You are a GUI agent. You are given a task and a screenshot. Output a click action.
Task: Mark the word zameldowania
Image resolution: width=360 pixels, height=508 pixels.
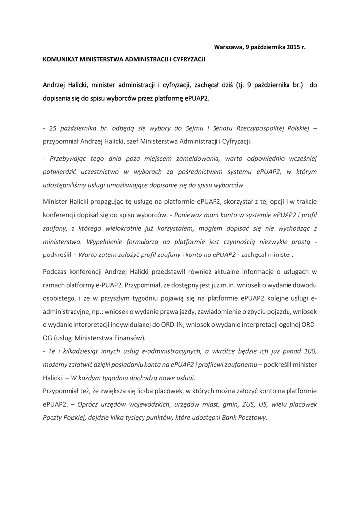pos(198,159)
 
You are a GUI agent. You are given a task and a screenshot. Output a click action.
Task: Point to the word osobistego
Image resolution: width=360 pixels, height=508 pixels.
pos(59,298)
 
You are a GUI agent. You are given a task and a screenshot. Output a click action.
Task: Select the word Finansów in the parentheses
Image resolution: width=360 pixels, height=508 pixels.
pos(126,337)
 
